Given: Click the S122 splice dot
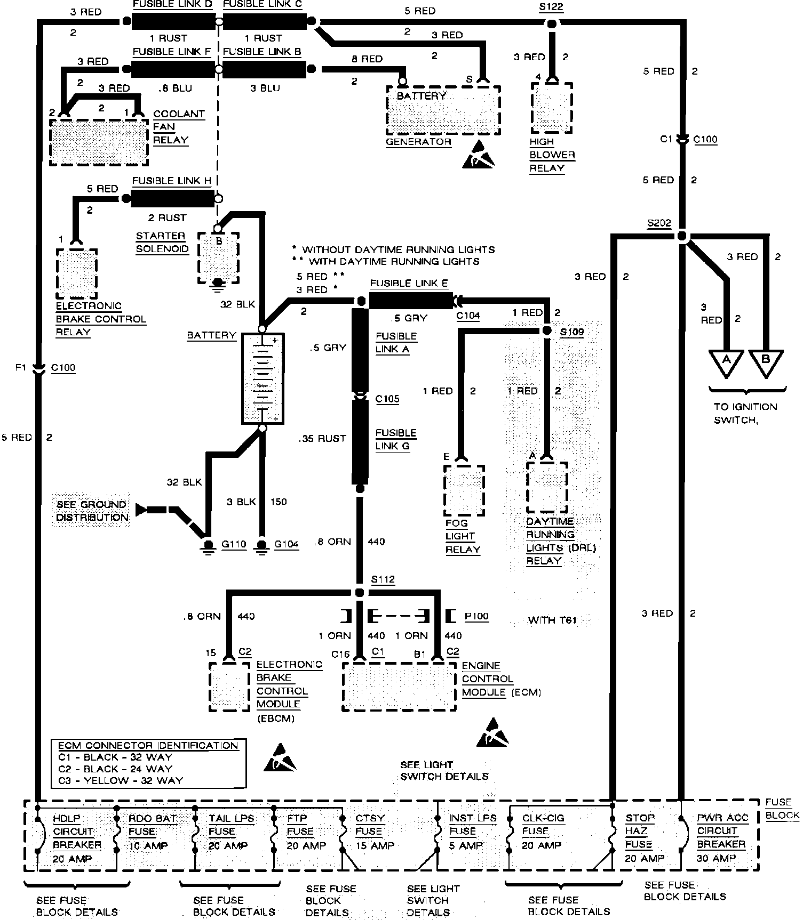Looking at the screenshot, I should [x=552, y=23].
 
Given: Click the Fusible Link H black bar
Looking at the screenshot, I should [x=173, y=199].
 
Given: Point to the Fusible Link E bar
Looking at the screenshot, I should [x=410, y=301].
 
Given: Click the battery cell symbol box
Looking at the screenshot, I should [x=263, y=379].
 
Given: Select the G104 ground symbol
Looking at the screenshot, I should [x=261, y=546].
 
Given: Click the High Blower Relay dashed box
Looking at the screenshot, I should [x=552, y=108].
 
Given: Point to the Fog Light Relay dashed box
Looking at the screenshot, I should [x=464, y=490].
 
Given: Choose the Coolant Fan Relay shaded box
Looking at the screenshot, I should [x=99, y=141].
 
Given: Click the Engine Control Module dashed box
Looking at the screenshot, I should [x=399, y=687].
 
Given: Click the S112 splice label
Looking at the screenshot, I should [x=383, y=579].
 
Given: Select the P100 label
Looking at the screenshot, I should [x=476, y=616].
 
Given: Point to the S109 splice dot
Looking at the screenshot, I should [x=546, y=331].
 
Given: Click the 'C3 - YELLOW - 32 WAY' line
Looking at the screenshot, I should [x=120, y=780].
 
